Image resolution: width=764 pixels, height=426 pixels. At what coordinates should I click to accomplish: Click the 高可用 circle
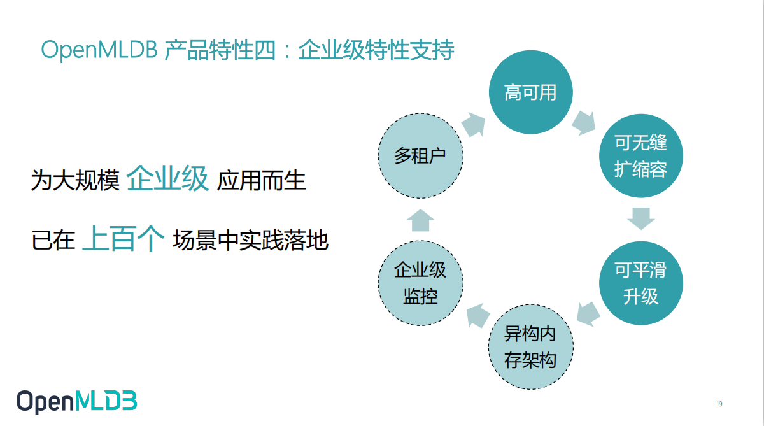(x=530, y=93)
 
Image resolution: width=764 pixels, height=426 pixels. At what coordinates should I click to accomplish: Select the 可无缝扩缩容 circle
(x=640, y=155)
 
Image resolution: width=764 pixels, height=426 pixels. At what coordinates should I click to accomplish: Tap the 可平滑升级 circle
(x=640, y=283)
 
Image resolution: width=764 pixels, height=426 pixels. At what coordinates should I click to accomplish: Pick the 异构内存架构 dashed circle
(x=530, y=347)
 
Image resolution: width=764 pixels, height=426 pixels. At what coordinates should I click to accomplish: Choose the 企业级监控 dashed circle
(x=420, y=283)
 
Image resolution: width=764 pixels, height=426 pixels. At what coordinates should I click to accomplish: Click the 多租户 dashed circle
(x=420, y=156)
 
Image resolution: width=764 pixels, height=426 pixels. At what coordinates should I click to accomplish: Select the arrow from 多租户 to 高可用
(x=473, y=125)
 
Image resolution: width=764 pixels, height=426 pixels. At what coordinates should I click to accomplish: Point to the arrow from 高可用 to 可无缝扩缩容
(x=584, y=122)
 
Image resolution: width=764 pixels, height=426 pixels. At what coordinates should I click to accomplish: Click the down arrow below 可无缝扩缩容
(x=640, y=218)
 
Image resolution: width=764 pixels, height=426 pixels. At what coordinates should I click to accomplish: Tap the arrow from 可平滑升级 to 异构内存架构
(x=588, y=313)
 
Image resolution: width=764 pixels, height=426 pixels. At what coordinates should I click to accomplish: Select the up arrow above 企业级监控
(x=420, y=220)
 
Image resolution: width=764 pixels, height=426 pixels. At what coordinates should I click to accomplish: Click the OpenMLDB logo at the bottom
(x=76, y=401)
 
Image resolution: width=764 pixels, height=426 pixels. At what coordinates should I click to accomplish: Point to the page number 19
(x=719, y=404)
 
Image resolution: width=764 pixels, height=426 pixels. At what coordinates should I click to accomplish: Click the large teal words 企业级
(x=167, y=180)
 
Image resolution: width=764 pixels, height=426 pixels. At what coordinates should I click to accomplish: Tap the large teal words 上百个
(x=124, y=240)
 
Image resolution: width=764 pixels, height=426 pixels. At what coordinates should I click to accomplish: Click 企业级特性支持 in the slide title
(x=376, y=50)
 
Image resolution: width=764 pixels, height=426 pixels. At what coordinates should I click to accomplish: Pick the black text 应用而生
(x=262, y=181)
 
